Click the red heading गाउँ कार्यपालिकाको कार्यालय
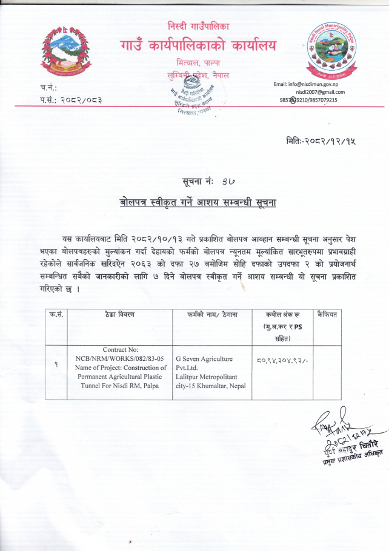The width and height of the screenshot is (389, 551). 198,45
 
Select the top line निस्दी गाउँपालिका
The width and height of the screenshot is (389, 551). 198,25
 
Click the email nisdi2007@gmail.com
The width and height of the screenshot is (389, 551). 320,91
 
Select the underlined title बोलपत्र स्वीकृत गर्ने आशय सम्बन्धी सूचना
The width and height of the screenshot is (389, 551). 198,202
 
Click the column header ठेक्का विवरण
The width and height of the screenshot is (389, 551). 118,314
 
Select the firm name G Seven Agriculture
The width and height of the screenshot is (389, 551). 203,358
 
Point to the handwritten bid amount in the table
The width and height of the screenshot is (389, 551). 282,361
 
